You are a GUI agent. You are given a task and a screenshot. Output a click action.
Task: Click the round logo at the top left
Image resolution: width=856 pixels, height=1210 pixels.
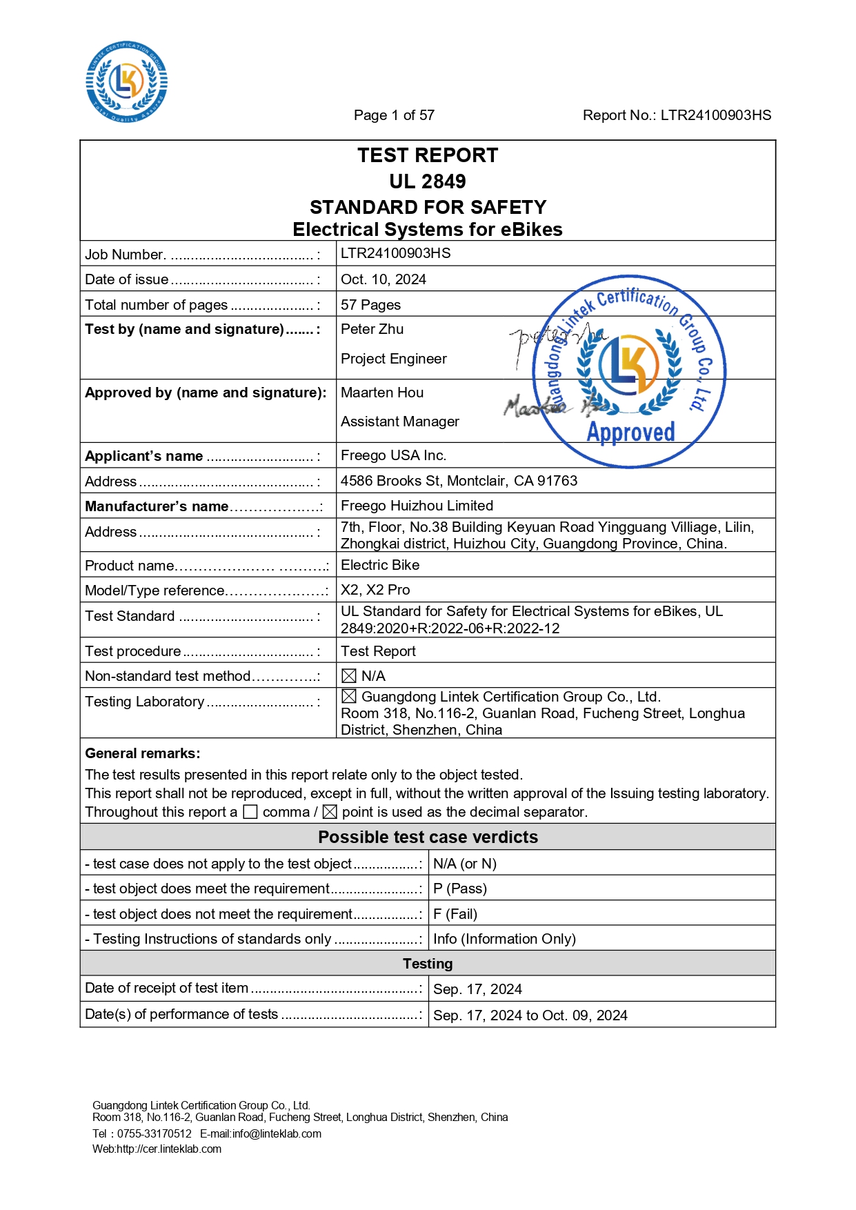(126, 81)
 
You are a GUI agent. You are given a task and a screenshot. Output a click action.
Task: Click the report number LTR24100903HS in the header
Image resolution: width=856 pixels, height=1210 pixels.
(715, 115)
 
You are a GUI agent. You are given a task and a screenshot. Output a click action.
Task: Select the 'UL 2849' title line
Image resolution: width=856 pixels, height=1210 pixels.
(428, 181)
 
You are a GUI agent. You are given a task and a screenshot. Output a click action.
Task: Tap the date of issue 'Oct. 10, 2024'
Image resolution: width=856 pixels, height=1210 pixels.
(384, 279)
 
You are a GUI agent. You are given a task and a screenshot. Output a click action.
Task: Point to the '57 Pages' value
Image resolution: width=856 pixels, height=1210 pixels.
(370, 305)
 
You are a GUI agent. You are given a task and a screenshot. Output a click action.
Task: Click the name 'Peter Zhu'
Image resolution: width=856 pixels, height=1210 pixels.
(372, 329)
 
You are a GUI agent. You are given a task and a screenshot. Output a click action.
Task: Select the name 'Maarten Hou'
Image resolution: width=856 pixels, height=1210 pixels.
(382, 393)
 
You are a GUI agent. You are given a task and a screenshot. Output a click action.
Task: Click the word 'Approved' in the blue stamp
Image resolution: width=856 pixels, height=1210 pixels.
(630, 432)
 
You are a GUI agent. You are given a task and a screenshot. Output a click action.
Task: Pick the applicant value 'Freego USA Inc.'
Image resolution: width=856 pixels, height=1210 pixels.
(394, 455)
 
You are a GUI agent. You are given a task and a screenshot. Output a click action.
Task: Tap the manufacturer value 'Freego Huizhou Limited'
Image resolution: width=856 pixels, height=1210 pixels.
(417, 506)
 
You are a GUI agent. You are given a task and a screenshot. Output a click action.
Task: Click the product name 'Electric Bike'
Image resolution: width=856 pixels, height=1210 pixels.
(380, 565)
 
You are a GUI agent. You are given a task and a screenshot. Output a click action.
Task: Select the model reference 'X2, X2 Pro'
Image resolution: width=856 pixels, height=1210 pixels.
(375, 590)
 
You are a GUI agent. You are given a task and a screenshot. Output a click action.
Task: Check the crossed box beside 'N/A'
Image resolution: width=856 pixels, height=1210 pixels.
(349, 676)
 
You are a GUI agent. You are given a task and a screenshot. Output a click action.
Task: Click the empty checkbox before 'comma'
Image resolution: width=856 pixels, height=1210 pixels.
(251, 812)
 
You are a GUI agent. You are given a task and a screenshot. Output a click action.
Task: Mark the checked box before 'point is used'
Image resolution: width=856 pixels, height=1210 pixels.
(330, 812)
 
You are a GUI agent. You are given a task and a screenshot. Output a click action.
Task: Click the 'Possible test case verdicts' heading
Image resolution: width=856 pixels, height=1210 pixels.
(428, 837)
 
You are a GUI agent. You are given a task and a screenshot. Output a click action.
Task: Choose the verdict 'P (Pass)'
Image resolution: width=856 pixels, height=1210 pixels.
(460, 889)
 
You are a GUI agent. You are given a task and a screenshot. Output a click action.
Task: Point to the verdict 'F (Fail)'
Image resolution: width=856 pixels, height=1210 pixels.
(455, 914)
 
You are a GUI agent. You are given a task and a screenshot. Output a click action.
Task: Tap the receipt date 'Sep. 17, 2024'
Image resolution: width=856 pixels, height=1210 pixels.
(477, 989)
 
